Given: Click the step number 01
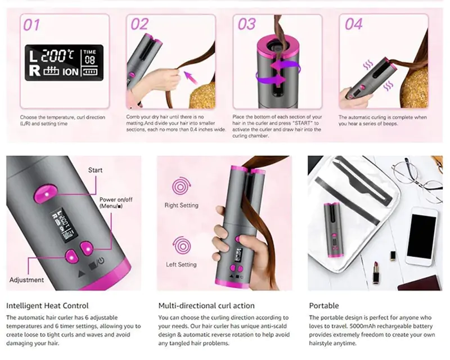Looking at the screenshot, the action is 31,25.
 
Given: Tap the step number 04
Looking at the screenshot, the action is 353,24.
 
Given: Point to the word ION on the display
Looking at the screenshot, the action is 71,72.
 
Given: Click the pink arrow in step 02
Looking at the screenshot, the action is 191,78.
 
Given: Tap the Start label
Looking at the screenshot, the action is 95,170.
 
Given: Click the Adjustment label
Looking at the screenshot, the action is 26,280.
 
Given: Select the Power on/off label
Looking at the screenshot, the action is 116,202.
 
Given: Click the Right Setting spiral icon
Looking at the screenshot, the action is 181,187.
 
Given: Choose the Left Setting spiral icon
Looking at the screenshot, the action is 182,246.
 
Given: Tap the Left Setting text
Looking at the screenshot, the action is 181,264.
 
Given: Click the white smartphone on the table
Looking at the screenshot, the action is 421,237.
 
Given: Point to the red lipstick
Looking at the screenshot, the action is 376,273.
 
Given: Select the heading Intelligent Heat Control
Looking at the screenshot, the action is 47,306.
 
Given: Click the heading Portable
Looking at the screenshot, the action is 324,306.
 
